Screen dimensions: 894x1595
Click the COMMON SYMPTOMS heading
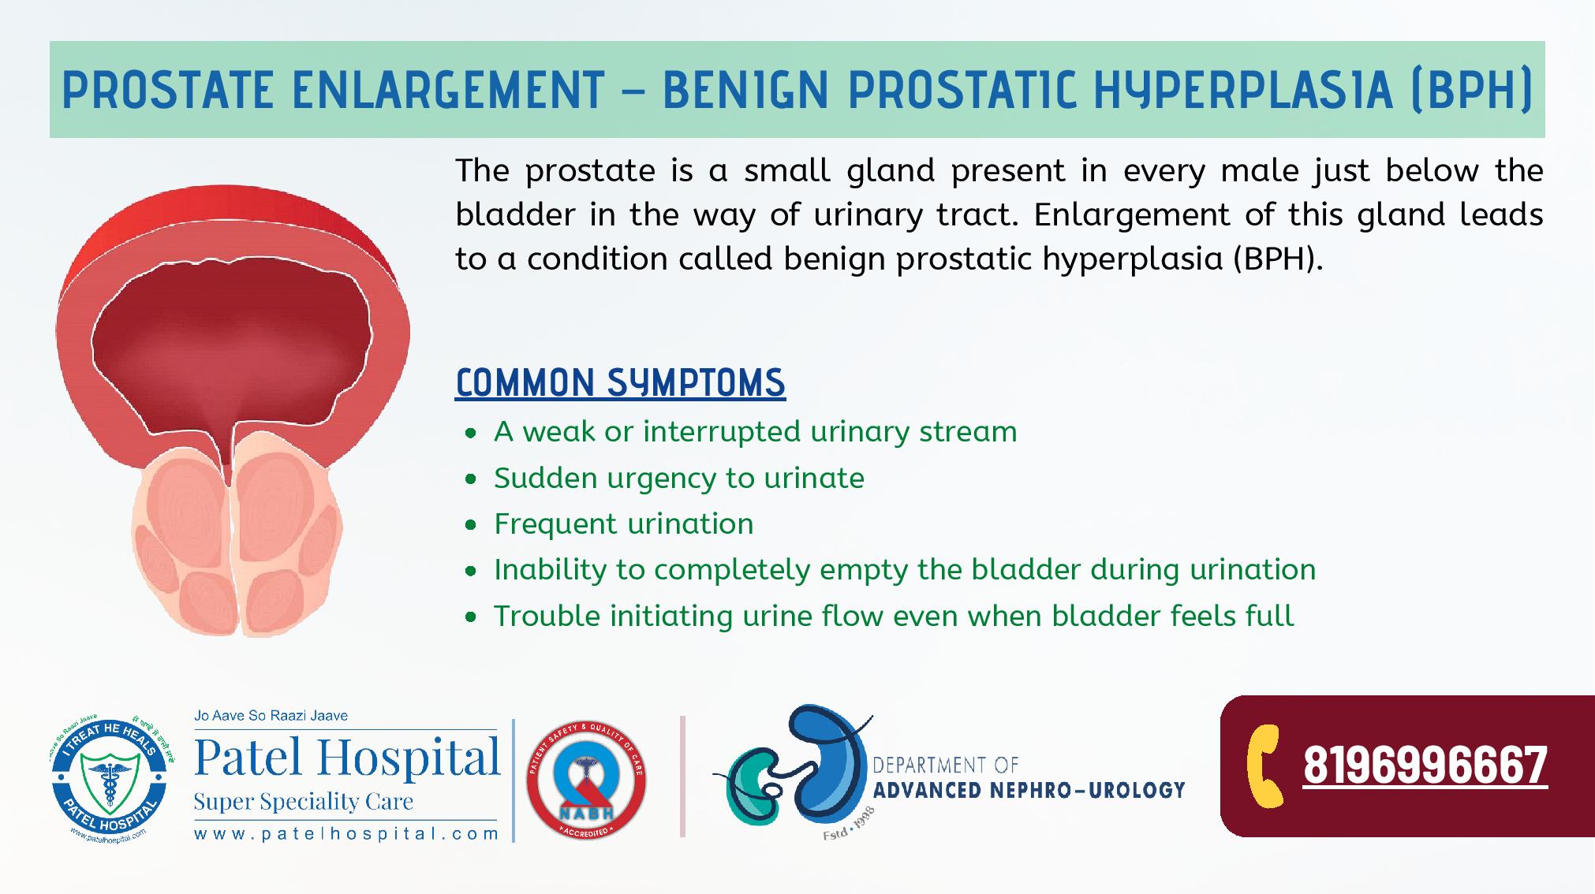tap(620, 383)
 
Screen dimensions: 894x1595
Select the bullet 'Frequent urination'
tap(623, 523)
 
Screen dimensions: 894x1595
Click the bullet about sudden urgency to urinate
tap(678, 478)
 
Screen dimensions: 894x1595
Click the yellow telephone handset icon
tap(1267, 765)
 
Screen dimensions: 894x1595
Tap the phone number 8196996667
tap(1425, 765)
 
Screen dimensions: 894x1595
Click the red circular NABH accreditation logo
tap(585, 780)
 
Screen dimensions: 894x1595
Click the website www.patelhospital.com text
tap(346, 833)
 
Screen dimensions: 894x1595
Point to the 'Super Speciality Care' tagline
tap(304, 802)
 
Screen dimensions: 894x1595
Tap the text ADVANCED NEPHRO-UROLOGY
tap(1029, 790)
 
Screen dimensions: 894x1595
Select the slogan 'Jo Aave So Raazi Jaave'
tap(271, 716)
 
